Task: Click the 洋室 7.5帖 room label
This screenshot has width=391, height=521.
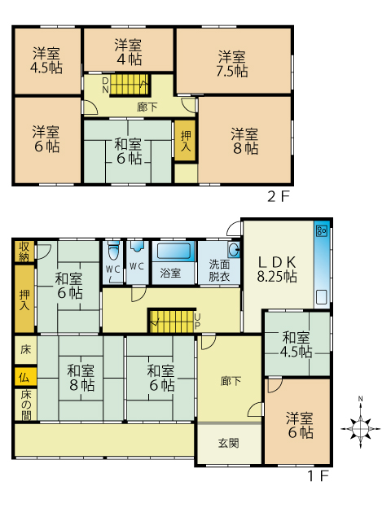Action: (x=232, y=63)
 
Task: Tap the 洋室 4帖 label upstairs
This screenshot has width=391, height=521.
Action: (x=129, y=52)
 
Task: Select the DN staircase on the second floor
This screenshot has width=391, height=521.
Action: (x=130, y=85)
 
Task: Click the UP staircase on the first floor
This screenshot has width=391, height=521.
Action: (x=172, y=321)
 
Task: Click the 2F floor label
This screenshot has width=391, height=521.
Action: (x=279, y=197)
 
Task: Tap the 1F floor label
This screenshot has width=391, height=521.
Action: (x=318, y=476)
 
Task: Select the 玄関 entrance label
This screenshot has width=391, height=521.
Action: (x=228, y=443)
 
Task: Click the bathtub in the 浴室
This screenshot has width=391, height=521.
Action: (x=173, y=251)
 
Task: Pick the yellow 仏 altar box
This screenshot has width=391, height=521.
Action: (x=24, y=377)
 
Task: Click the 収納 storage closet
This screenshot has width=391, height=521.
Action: (x=24, y=252)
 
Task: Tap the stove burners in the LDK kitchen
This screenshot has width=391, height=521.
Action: (x=322, y=230)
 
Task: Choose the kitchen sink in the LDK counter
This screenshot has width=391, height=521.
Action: (x=322, y=297)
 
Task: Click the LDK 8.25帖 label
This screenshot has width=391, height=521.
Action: (x=277, y=269)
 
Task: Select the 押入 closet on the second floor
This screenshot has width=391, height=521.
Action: (x=186, y=141)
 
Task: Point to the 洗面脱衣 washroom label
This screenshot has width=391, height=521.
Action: (x=219, y=270)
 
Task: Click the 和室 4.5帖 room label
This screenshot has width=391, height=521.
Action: (x=296, y=344)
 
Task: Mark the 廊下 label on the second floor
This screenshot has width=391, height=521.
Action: (x=147, y=107)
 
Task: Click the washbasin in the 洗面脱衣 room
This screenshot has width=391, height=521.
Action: (x=235, y=249)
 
